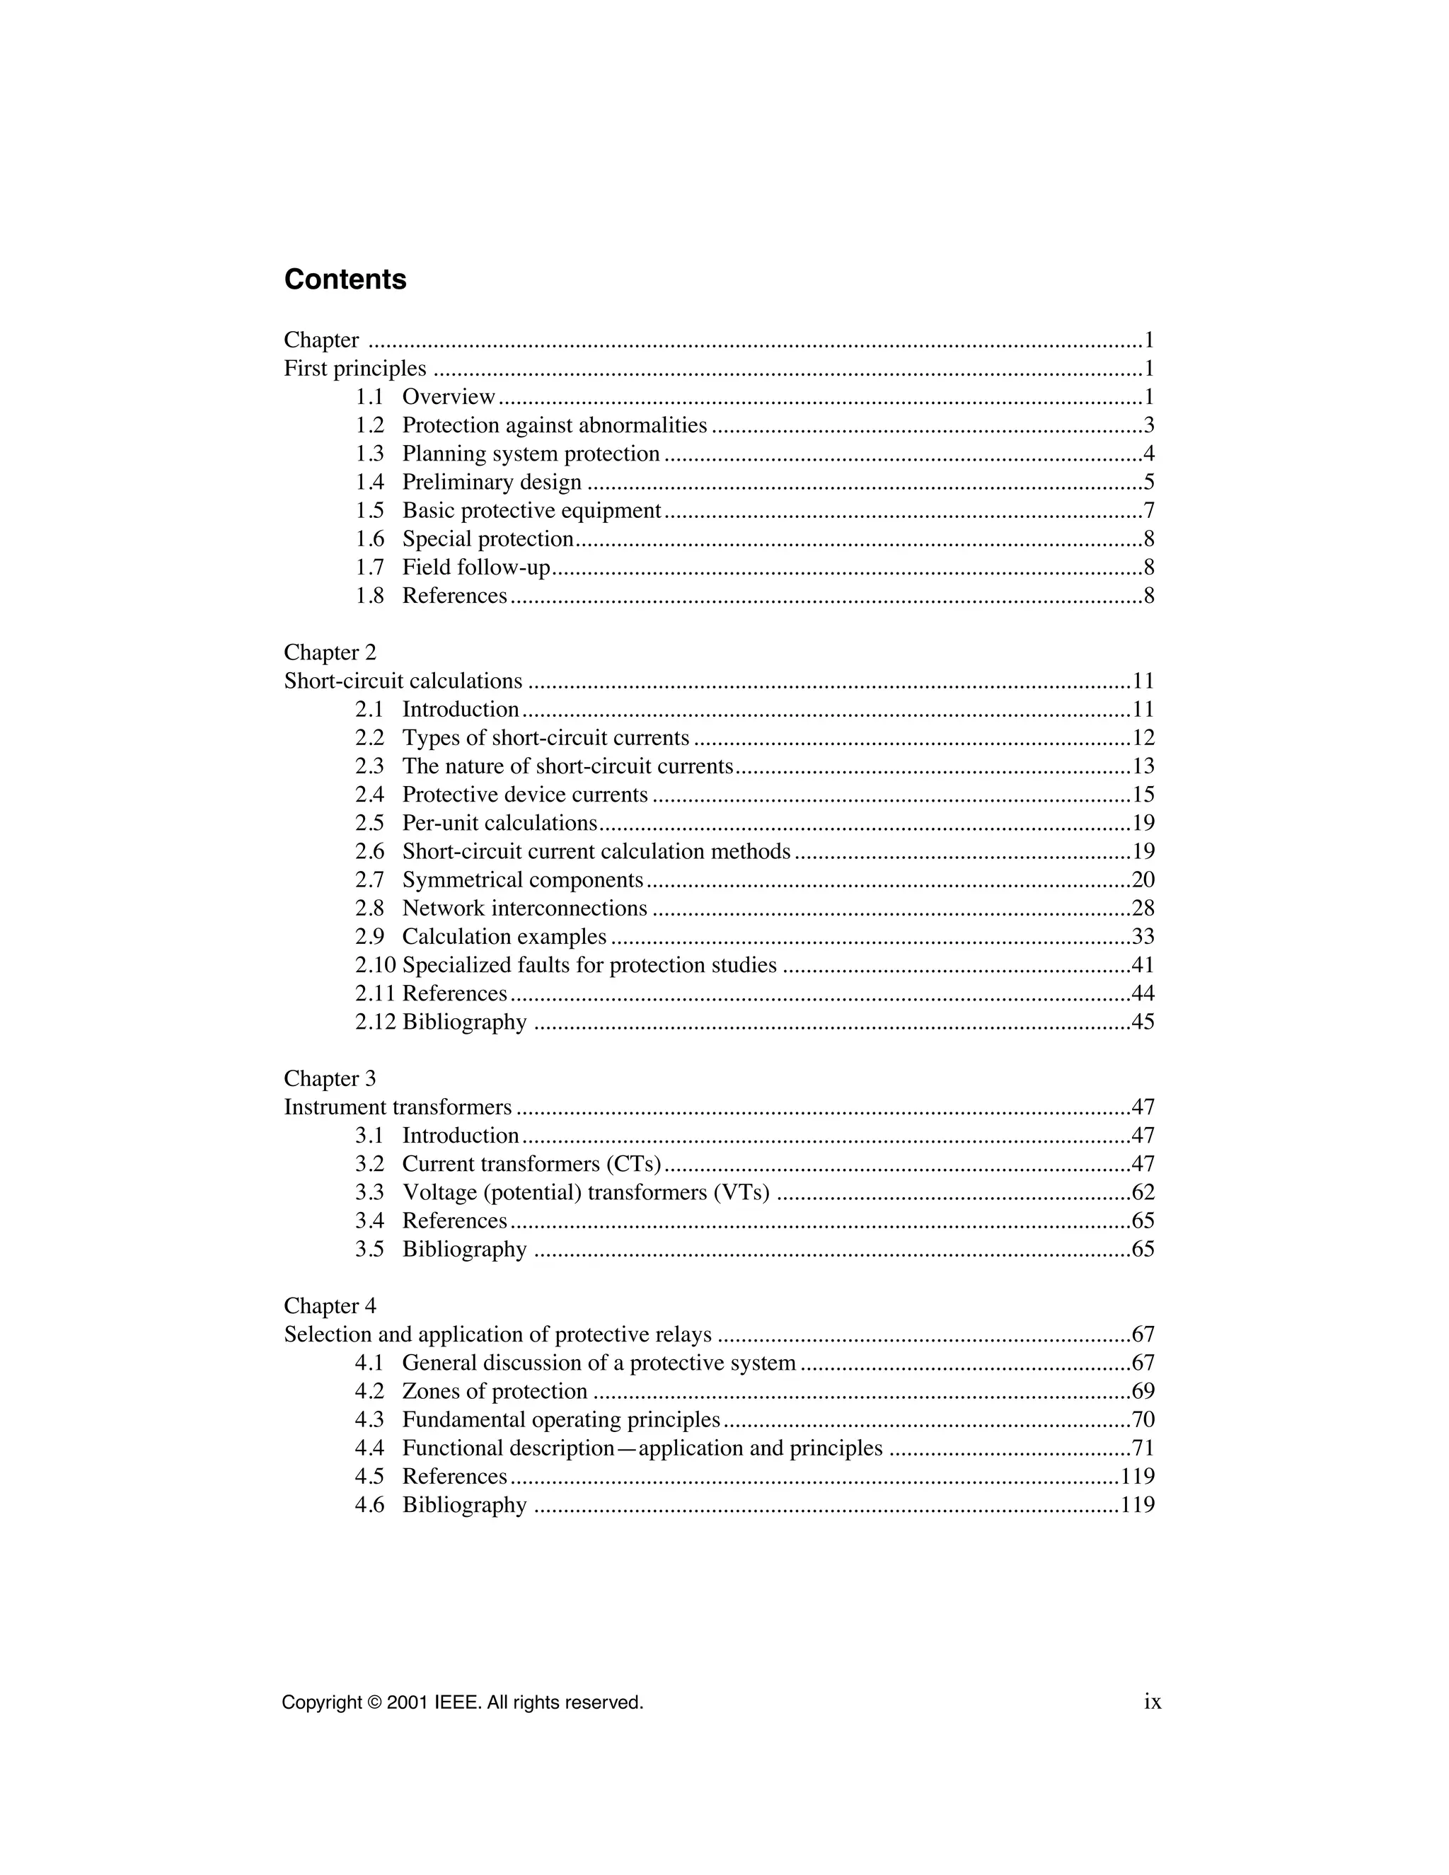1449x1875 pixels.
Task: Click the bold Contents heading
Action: pyautogui.click(x=345, y=280)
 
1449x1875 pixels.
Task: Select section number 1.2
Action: pyautogui.click(x=370, y=426)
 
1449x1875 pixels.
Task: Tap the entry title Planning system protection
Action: pyautogui.click(x=531, y=454)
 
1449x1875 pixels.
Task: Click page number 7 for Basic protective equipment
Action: pyautogui.click(x=1148, y=511)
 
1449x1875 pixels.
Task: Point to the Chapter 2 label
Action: pyautogui.click(x=330, y=652)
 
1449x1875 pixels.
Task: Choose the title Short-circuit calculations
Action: pyautogui.click(x=403, y=681)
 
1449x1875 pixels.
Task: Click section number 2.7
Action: pyautogui.click(x=370, y=880)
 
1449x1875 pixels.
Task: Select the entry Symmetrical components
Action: pyautogui.click(x=522, y=880)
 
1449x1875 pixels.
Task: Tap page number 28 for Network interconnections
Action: pyautogui.click(x=1143, y=908)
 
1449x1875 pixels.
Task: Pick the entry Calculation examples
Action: pyautogui.click(x=504, y=937)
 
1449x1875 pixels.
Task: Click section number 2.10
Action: pyautogui.click(x=375, y=965)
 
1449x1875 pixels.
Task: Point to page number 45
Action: pyautogui.click(x=1143, y=1022)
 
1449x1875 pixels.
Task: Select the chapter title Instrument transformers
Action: pyautogui.click(x=398, y=1107)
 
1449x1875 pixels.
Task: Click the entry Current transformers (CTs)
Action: pyautogui.click(x=531, y=1164)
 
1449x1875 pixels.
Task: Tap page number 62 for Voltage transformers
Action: pyautogui.click(x=1143, y=1192)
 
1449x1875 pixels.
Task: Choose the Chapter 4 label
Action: pyautogui.click(x=330, y=1306)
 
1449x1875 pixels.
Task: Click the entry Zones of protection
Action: pyautogui.click(x=495, y=1391)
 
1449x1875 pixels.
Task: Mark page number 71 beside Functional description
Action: pyautogui.click(x=1143, y=1448)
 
